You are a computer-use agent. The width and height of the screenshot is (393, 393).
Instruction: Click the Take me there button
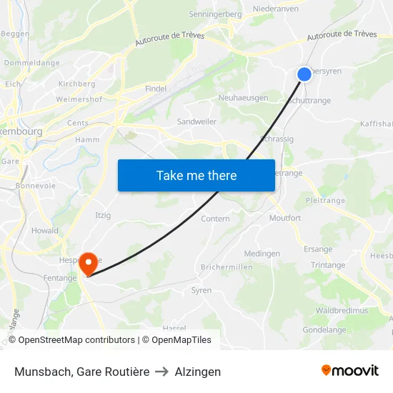196,175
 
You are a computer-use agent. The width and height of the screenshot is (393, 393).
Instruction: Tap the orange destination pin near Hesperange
89,263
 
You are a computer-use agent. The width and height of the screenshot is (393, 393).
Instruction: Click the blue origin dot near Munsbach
304,74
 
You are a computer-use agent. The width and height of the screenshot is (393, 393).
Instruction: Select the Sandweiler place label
196,121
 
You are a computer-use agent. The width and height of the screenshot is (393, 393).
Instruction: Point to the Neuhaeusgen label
243,98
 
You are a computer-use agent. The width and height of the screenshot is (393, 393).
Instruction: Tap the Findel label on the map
155,89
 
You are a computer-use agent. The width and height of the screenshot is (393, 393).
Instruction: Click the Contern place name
215,219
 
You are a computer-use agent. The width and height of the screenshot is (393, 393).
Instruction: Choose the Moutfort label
284,218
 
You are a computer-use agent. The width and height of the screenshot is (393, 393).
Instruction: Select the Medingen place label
262,254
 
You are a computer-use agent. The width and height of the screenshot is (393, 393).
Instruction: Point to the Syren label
201,290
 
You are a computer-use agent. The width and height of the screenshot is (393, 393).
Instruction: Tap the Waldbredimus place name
342,311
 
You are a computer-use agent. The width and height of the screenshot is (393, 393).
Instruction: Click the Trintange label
328,265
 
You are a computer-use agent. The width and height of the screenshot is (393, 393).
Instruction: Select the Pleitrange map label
324,201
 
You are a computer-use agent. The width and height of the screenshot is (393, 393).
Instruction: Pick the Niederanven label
276,9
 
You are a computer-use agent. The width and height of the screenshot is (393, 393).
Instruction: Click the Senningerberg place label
215,14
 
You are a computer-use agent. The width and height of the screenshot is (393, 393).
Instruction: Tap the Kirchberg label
76,84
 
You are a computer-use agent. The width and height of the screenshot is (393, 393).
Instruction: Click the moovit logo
350,371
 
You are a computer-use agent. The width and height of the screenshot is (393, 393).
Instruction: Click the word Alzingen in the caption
198,372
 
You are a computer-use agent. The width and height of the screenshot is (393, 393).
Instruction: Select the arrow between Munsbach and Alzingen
162,372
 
